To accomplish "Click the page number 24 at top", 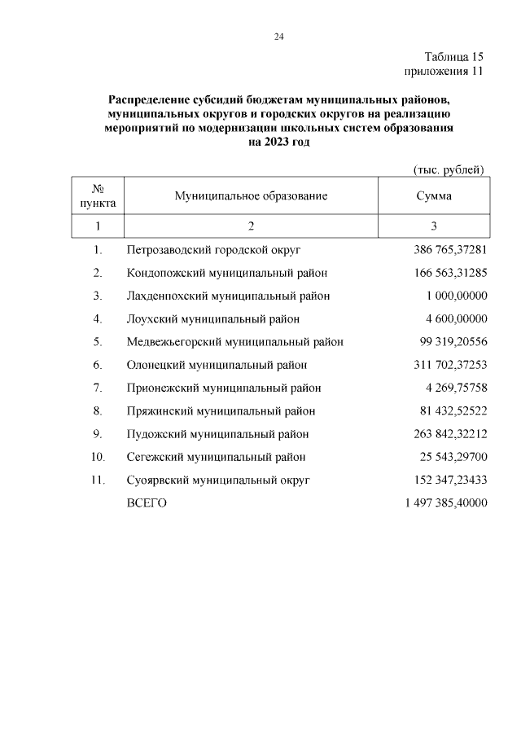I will tap(278, 37).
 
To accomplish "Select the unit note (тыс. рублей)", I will tap(449, 169).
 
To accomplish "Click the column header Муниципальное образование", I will tap(251, 196).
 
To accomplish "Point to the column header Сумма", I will tap(433, 196).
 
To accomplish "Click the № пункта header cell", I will tap(98, 195).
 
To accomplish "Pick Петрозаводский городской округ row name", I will tap(219, 249).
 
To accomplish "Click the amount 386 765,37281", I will tap(444, 249).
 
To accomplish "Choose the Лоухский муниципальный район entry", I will tap(213, 318).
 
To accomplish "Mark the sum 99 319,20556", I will tap(448, 342).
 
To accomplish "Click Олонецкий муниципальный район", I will tap(217, 365).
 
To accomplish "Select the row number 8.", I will tap(98, 411).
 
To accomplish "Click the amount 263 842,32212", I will tap(444, 434).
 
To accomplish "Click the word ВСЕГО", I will tap(147, 503).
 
